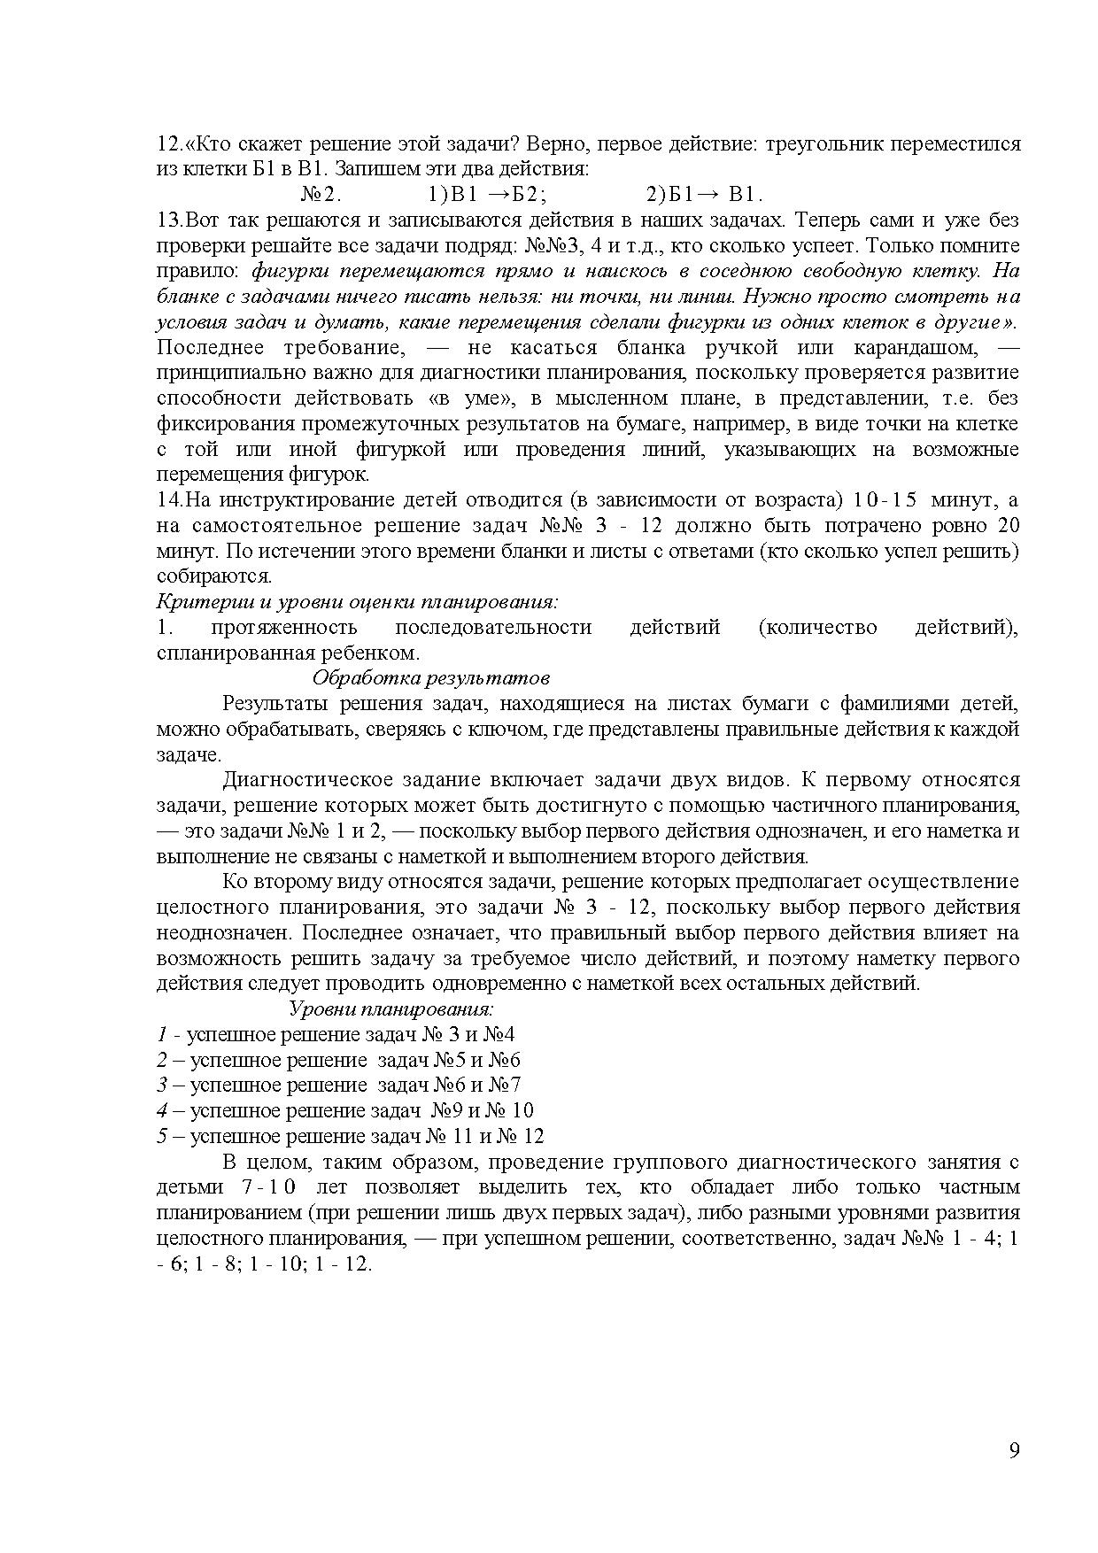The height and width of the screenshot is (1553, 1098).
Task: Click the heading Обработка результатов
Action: click(x=431, y=678)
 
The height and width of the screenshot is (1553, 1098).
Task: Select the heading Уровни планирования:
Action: click(x=391, y=1008)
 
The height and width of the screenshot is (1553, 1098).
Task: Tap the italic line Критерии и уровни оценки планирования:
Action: click(x=357, y=602)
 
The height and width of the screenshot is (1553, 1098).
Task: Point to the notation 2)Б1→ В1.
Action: click(x=704, y=195)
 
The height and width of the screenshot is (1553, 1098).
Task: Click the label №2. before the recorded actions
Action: click(x=321, y=195)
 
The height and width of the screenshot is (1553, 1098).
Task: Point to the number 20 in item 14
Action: click(x=1008, y=526)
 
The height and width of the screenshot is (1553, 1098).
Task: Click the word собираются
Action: click(x=213, y=576)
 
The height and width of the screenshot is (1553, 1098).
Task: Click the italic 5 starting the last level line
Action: click(x=162, y=1136)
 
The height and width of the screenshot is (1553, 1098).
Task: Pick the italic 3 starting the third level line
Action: click(x=162, y=1086)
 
